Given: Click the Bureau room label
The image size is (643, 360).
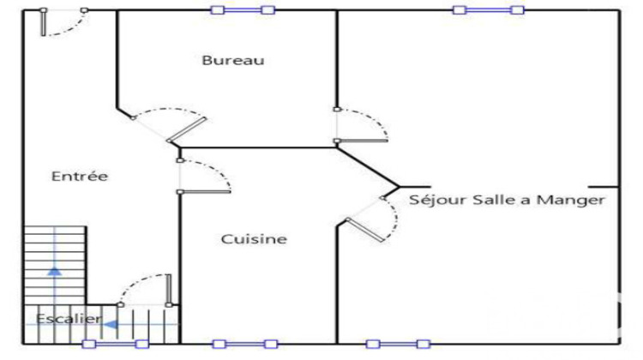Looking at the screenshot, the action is tap(233, 60).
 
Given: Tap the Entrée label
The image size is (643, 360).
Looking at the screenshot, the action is tap(80, 176).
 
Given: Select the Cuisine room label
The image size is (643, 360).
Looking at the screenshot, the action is tap(254, 238).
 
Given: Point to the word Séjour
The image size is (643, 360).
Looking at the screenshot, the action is tap(438, 200).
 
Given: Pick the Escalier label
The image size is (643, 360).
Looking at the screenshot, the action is tap(69, 319).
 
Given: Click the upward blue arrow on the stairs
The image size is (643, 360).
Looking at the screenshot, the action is tap(55, 271).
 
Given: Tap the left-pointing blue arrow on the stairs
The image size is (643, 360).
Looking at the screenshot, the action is tap(111, 325).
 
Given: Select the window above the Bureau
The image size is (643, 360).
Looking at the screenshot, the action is tap(243, 9).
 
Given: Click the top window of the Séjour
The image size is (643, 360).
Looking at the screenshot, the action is tap(489, 9).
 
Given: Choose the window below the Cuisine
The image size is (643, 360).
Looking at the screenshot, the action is tap(245, 344).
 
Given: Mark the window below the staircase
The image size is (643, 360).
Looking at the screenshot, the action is tap(116, 344).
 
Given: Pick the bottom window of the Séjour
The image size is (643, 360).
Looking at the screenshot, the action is tap(398, 344).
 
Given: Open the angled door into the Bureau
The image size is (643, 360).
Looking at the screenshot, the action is tap(169, 125).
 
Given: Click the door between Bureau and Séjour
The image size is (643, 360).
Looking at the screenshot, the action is tap(361, 125).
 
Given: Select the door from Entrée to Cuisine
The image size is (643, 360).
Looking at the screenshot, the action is tap(204, 177).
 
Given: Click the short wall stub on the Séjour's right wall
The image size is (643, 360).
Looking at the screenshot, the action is tap(604, 187).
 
